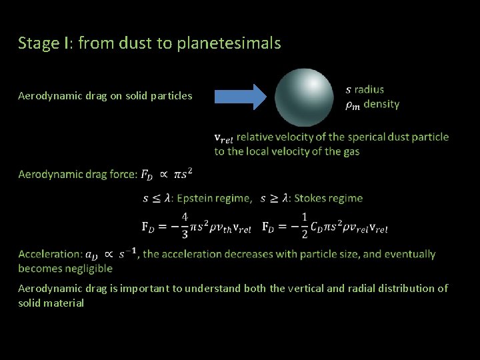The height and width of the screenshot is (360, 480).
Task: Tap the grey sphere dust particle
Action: [x=304, y=97]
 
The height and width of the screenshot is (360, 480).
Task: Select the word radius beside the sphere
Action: [x=369, y=89]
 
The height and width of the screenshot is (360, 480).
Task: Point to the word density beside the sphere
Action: [x=381, y=104]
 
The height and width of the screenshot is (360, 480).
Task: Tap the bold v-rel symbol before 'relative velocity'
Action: [x=223, y=138]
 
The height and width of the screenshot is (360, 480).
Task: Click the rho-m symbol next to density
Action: [x=353, y=105]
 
